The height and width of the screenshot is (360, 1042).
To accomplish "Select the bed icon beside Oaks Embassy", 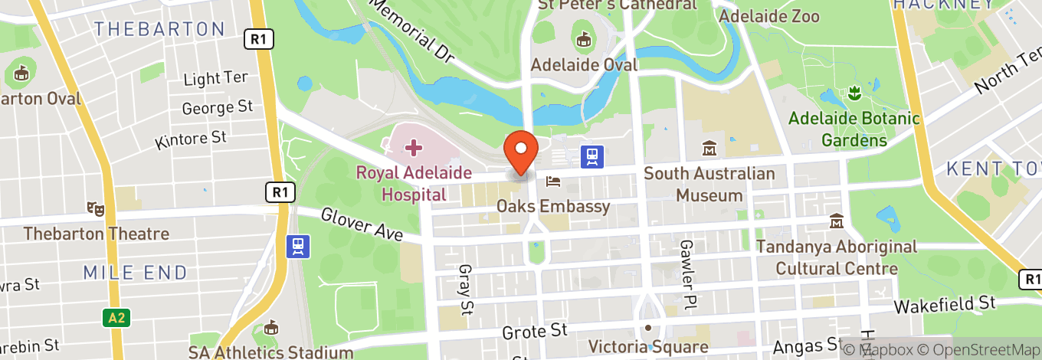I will point(553,182).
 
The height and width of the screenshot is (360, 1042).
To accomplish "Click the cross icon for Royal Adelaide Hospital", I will point(413,146).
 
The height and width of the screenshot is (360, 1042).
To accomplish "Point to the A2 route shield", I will point(114,316).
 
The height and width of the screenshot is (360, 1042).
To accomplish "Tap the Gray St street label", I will point(464,290).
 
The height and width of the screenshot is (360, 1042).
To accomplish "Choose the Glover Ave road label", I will point(361,225).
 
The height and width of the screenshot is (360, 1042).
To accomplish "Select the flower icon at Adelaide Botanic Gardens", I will point(853,94).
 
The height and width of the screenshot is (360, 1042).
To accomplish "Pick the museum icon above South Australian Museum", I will point(709,148).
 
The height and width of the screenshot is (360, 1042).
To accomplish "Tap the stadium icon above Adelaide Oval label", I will point(585,38).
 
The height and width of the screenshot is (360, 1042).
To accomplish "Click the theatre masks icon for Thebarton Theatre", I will point(96,208).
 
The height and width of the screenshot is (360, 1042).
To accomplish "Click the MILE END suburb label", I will point(135,272).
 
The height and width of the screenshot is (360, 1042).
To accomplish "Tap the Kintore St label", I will point(191,139).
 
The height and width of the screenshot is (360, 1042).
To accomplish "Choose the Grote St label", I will point(534,331).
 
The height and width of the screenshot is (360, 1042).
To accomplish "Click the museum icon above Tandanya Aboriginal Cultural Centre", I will point(836,221).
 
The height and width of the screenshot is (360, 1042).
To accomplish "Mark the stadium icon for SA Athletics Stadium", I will point(270,329).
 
